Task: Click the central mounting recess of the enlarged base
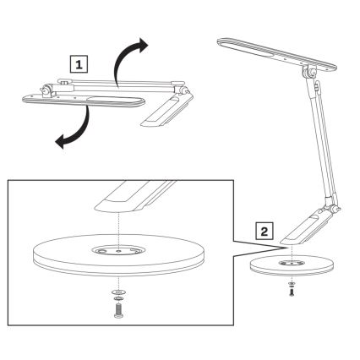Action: coord(118,249)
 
